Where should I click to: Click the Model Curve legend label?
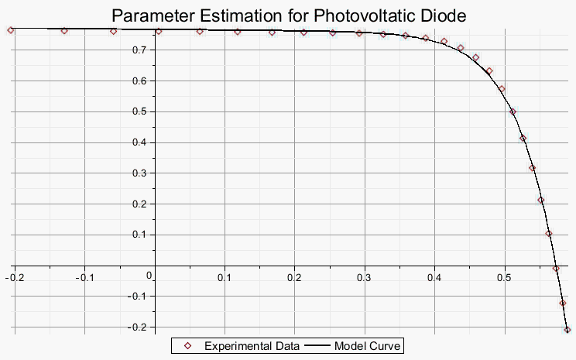[x=368, y=346]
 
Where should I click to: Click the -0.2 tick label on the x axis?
[x=15, y=277]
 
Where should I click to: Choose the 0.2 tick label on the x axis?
[x=294, y=277]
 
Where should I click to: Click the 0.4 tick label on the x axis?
[x=434, y=277]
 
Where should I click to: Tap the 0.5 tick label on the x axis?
[x=504, y=277]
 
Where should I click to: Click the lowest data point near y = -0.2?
[x=567, y=330]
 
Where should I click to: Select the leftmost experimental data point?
[x=11, y=30]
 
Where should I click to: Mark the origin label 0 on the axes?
[x=149, y=275]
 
